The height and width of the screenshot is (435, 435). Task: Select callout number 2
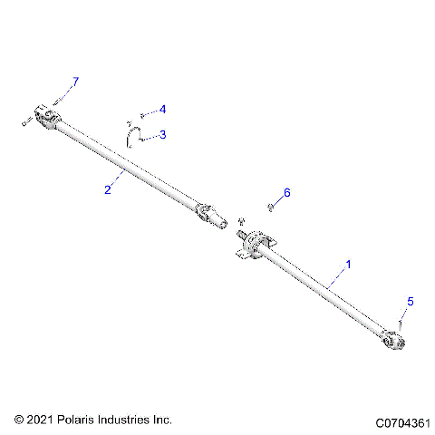pyautogui.click(x=108, y=188)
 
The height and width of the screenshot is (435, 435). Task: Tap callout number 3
pyautogui.click(x=162, y=135)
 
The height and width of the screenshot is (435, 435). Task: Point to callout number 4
pyautogui.click(x=162, y=110)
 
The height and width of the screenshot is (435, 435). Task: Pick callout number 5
pyautogui.click(x=409, y=302)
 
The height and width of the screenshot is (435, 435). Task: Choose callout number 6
pyautogui.click(x=287, y=193)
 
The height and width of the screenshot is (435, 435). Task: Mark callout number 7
pyautogui.click(x=75, y=82)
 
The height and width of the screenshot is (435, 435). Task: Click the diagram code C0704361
pyautogui.click(x=399, y=421)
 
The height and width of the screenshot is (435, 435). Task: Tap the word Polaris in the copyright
pyautogui.click(x=78, y=420)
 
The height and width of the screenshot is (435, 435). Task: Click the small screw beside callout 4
pyautogui.click(x=142, y=115)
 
